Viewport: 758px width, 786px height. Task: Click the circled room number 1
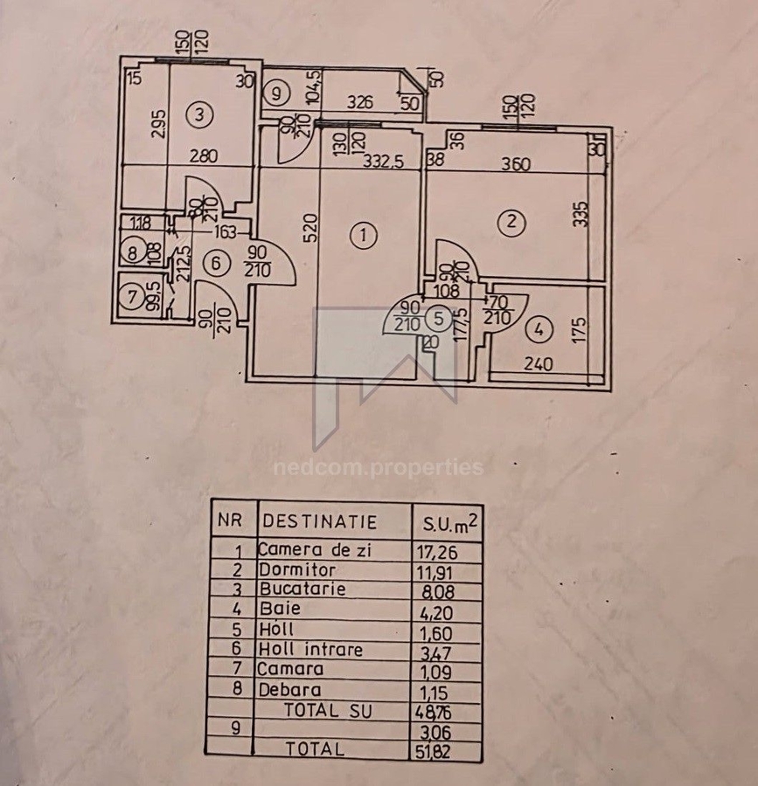[363, 234]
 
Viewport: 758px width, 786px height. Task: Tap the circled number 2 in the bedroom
[511, 223]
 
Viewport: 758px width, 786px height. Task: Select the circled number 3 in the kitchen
[200, 114]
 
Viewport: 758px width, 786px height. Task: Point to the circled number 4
[540, 329]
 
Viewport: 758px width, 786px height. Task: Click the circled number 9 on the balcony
[276, 92]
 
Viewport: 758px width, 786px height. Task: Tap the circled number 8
[133, 254]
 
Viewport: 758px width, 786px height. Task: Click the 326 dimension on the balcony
[358, 102]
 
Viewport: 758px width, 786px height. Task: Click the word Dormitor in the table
[297, 569]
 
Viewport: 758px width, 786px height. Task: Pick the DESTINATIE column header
[319, 522]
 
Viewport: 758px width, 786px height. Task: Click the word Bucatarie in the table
[302, 589]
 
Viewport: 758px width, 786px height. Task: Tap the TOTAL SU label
[328, 711]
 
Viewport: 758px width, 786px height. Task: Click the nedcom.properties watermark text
[378, 467]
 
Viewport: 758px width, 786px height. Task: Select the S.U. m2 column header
[449, 522]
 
